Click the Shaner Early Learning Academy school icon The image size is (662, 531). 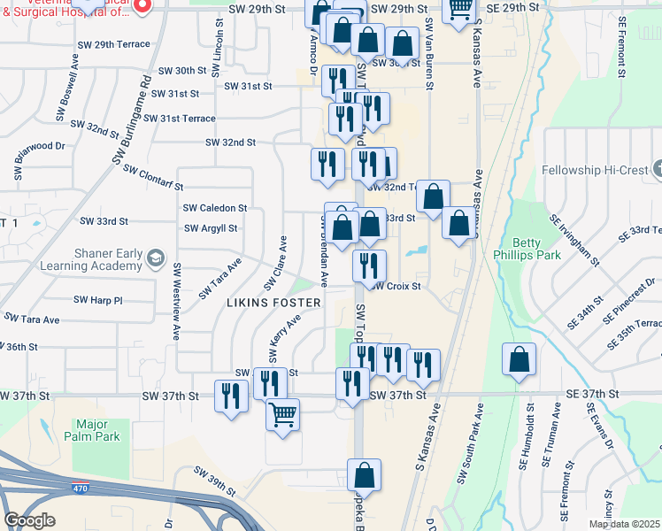pos(156,258)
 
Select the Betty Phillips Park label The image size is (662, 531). pos(537,249)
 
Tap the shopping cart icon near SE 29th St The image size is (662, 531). pos(459,8)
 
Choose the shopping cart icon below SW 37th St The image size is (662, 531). pos(282,414)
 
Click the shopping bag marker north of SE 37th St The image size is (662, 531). pos(520,359)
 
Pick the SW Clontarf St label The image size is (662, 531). pos(152,177)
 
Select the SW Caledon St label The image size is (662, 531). pos(214,208)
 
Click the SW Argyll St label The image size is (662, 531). pos(211,228)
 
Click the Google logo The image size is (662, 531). pos(29,520)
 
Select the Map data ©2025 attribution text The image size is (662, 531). pos(623,524)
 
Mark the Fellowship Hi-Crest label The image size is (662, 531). pos(596,168)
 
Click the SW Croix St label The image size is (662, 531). pos(395,287)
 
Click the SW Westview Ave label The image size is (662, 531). pos(177,301)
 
